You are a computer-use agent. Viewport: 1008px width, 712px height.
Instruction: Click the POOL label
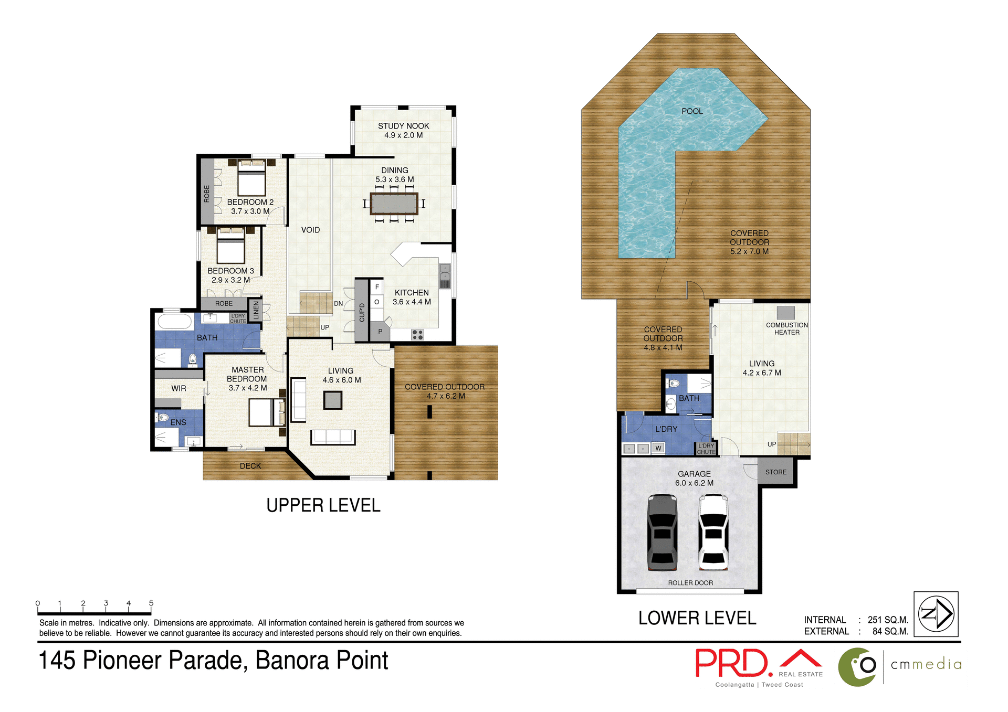click(692, 111)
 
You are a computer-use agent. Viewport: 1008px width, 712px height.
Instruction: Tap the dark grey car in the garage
click(662, 533)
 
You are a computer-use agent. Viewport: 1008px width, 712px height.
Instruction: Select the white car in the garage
click(713, 533)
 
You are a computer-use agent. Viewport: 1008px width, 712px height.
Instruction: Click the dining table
click(394, 204)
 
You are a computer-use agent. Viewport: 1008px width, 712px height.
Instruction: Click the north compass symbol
click(936, 614)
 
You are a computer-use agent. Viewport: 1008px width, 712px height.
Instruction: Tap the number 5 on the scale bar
click(151, 603)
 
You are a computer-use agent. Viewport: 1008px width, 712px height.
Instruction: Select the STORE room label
click(775, 472)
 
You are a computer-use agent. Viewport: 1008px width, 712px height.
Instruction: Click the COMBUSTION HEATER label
click(786, 328)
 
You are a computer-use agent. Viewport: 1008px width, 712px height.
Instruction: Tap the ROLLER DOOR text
click(690, 583)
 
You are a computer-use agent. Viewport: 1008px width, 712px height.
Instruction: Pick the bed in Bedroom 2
click(251, 178)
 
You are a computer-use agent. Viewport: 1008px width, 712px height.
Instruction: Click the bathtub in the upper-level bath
click(175, 321)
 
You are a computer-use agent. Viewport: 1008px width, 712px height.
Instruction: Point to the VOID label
click(310, 230)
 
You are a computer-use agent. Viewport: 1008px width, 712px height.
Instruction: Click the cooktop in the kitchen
click(417, 334)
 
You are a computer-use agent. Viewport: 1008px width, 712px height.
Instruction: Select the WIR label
click(178, 388)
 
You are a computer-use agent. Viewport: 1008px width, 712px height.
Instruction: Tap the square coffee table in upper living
click(332, 400)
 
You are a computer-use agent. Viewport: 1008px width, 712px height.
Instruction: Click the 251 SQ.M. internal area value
click(888, 620)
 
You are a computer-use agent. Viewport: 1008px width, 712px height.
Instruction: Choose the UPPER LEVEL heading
click(323, 505)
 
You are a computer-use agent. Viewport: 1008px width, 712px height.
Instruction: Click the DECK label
click(250, 466)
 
